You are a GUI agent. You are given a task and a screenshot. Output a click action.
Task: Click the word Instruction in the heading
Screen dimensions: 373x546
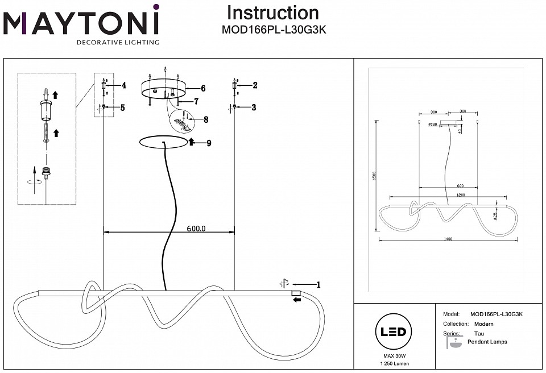273,13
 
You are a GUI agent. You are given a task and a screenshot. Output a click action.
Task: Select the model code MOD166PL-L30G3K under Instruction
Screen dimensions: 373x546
273,31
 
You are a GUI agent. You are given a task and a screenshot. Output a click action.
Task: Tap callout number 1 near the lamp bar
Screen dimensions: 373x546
318,285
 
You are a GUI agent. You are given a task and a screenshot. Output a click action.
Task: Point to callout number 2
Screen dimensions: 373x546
255,85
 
